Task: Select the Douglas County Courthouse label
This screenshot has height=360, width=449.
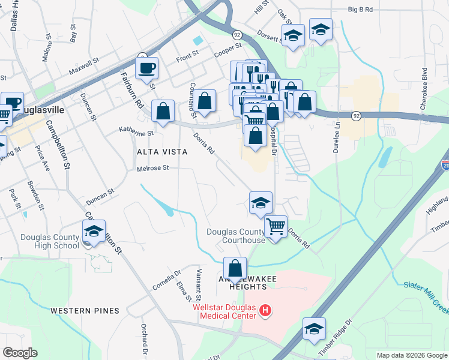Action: [236, 236]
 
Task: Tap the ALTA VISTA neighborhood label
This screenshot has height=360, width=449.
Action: [162, 152]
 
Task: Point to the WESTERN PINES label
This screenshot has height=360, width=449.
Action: [85, 311]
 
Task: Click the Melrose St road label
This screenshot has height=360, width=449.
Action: [154, 169]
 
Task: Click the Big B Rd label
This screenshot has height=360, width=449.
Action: [360, 10]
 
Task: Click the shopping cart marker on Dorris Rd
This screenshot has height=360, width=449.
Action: [276, 227]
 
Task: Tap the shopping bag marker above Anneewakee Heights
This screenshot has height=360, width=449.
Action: [236, 268]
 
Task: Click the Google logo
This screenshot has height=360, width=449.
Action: [20, 353]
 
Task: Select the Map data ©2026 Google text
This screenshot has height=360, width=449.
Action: [411, 355]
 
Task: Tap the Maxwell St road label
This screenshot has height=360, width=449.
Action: [83, 67]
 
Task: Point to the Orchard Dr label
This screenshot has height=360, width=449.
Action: [145, 340]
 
